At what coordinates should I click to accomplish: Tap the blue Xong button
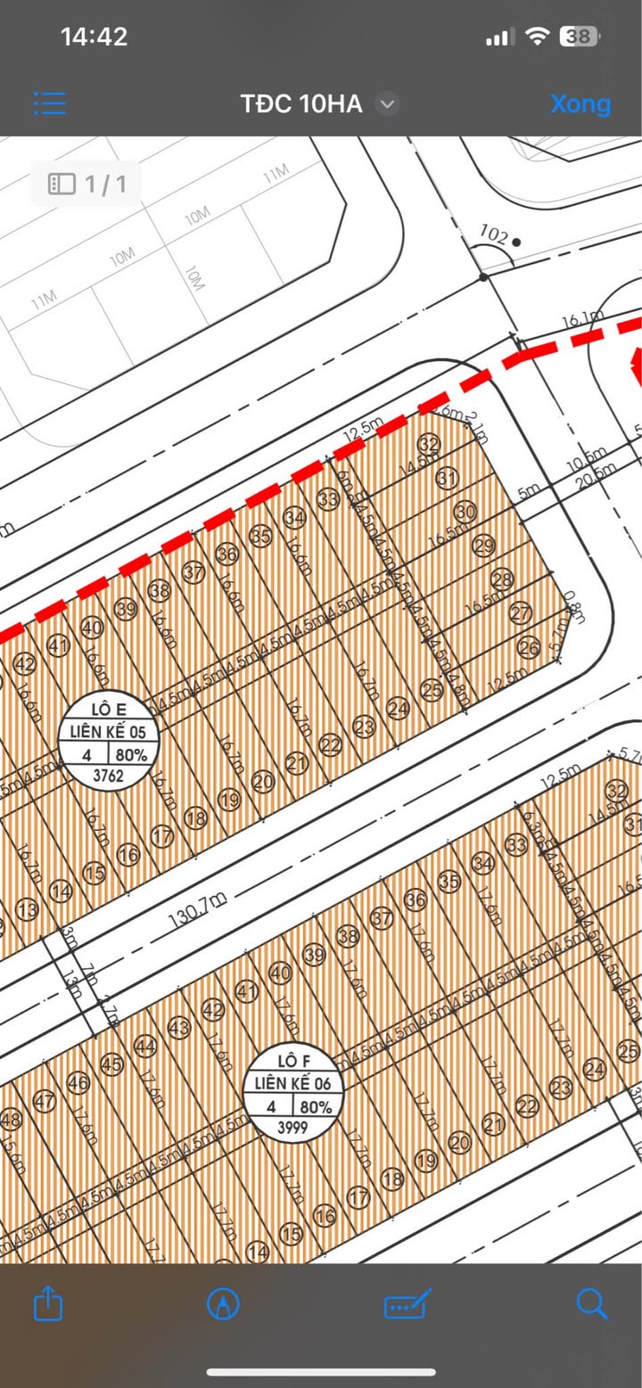tap(580, 103)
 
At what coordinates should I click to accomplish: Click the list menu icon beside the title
tap(50, 103)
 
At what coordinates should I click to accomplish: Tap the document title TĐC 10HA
tap(301, 104)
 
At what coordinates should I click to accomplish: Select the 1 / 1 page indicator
tap(87, 185)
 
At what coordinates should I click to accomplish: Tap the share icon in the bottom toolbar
tap(48, 1304)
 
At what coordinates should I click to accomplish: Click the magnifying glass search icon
tap(592, 1304)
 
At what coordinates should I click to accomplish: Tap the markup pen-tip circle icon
tap(222, 1304)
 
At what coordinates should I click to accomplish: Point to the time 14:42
tap(94, 37)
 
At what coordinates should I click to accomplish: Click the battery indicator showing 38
tap(579, 37)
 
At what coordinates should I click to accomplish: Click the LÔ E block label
tap(109, 710)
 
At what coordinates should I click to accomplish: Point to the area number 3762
tap(108, 776)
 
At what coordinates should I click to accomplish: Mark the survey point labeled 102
tap(494, 235)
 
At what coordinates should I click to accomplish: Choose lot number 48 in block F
tap(11, 1119)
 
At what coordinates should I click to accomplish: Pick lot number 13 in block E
tap(28, 909)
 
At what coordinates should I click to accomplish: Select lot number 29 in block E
tap(483, 546)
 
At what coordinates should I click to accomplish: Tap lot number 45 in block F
tap(111, 1064)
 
